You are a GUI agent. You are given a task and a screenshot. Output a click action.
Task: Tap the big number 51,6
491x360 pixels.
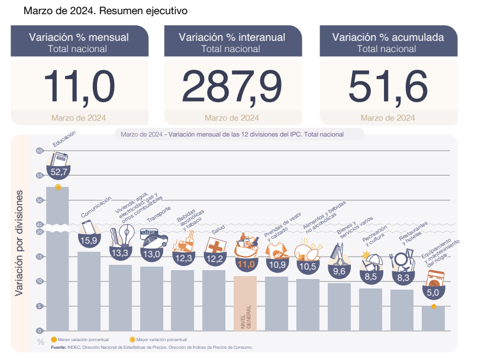388,86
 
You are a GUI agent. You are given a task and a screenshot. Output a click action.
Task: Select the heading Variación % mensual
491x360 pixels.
78,37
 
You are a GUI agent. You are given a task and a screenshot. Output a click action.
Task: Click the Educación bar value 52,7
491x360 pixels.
59,173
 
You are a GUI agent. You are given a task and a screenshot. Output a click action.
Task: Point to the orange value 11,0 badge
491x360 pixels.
246,264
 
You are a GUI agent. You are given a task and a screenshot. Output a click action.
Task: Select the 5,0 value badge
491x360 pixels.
433,291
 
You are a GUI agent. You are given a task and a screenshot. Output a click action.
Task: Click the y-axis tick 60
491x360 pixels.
40,151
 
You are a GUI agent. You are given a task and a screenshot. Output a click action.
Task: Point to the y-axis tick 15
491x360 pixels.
40,257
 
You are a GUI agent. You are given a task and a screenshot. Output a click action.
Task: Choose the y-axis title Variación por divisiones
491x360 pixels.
20,243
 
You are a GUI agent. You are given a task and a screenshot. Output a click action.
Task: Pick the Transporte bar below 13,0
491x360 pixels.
151,299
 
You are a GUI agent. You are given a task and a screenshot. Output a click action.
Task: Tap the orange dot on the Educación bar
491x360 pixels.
57,187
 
